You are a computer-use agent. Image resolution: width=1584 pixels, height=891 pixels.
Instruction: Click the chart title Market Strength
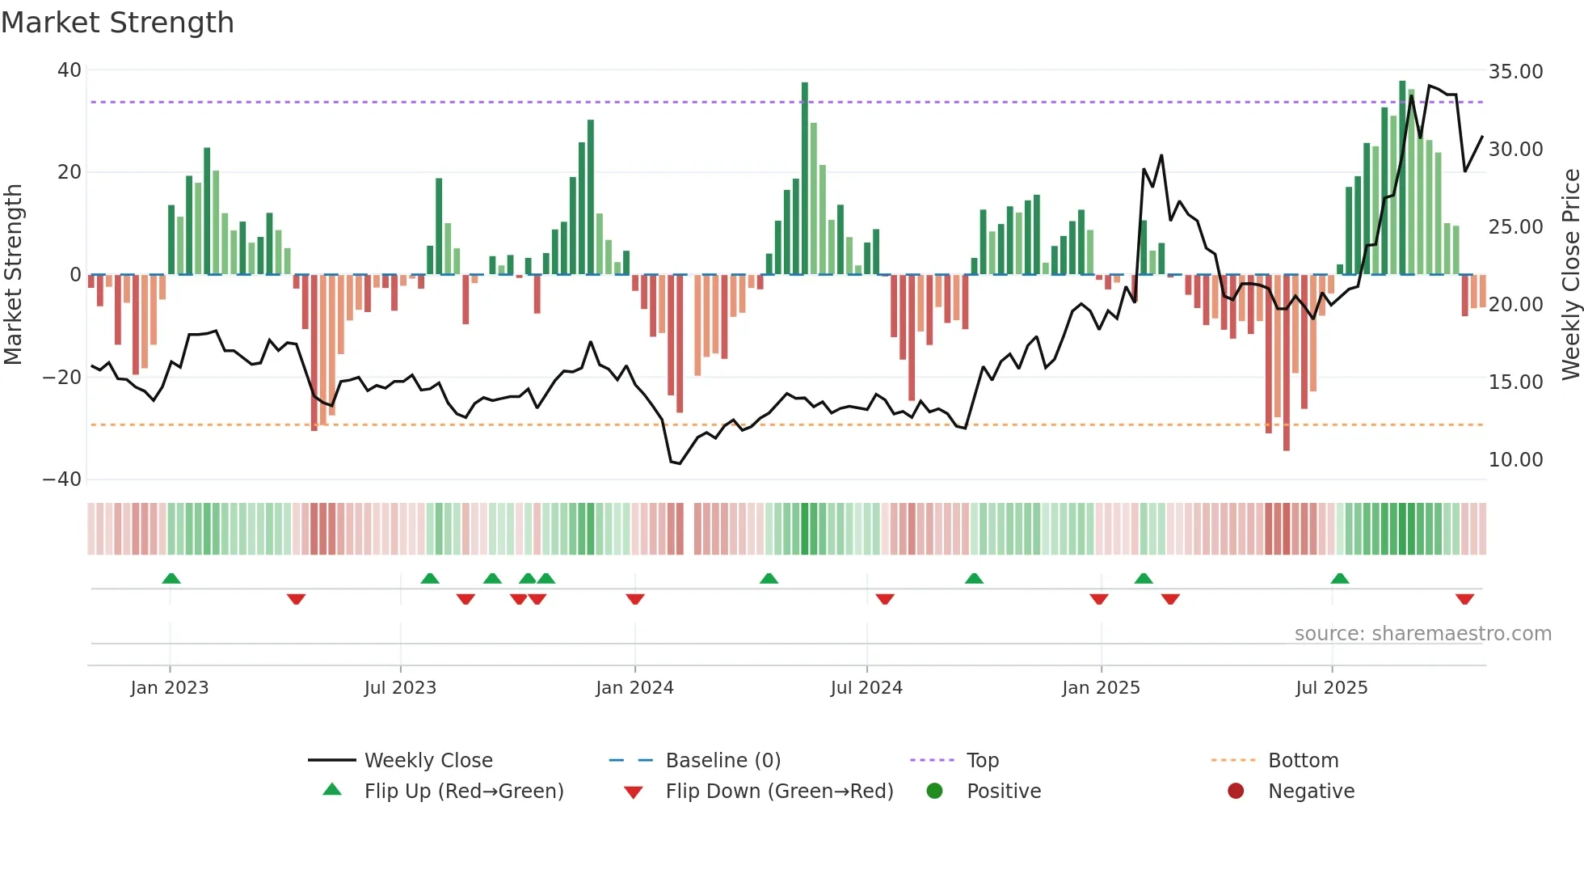118,23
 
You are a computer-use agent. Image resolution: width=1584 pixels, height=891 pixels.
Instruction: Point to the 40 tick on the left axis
70,70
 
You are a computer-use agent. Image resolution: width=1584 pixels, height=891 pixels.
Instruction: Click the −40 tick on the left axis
63,479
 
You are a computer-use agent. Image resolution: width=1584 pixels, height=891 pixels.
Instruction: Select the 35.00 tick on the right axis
1515,72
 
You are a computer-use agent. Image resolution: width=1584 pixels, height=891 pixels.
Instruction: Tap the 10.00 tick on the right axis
1515,460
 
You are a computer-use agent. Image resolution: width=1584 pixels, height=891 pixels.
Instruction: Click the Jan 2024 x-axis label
634,688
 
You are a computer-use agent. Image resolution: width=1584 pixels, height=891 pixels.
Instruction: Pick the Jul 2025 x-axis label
1331,688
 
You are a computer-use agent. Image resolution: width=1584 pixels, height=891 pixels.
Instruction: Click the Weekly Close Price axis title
1570,275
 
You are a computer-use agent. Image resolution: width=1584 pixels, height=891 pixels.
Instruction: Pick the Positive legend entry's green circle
935,792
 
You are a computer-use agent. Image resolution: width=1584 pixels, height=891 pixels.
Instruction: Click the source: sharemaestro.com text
1422,634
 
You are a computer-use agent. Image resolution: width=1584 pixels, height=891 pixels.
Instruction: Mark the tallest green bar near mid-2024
805,178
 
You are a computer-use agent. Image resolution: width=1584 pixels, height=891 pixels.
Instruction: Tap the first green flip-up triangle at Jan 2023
171,579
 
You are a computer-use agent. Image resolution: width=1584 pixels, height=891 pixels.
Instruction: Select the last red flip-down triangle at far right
1464,599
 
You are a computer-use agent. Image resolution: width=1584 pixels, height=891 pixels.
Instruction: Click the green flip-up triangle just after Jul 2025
1340,579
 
